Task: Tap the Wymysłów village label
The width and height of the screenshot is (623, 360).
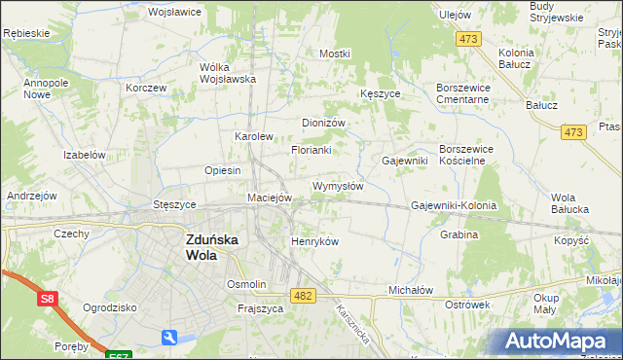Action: point(338,186)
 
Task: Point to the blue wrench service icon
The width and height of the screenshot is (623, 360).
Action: point(170,338)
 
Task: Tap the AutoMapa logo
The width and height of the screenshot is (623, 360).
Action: point(563,341)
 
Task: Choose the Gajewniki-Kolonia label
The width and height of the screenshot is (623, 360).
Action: point(454,206)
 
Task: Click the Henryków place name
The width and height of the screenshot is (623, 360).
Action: point(314,241)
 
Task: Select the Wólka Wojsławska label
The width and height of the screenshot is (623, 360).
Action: point(227,73)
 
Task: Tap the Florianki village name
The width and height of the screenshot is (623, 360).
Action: point(311,150)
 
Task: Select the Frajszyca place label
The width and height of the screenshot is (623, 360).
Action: point(260,308)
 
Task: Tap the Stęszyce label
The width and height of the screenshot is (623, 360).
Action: point(175,205)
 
